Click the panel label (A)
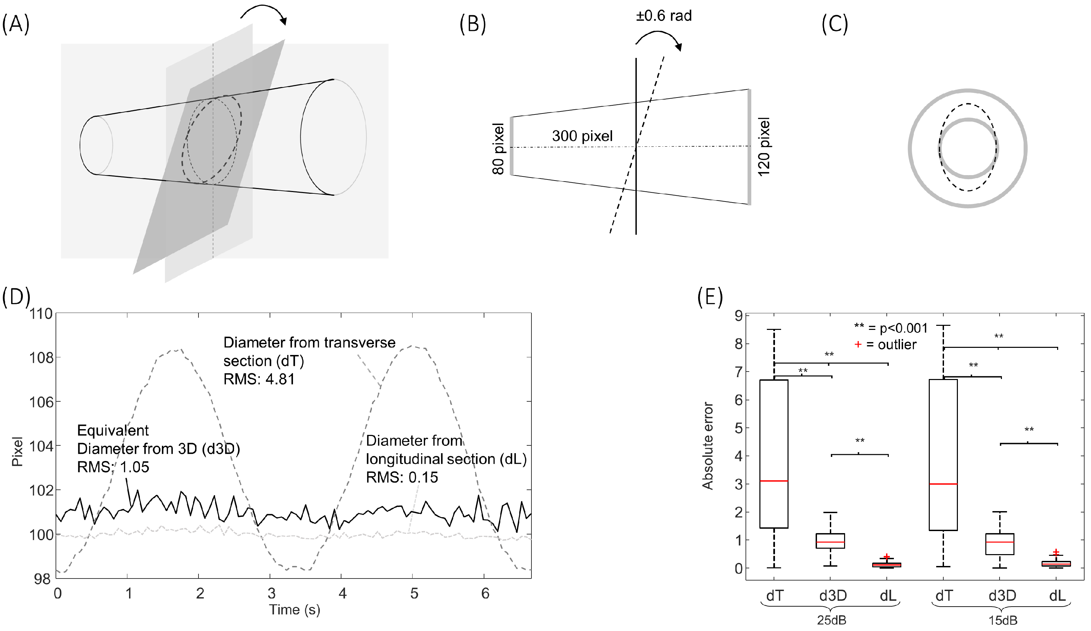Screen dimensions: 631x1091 pyautogui.click(x=16, y=24)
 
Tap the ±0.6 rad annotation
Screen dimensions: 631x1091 pyautogui.click(x=663, y=16)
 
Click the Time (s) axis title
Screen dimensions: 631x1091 pyautogui.click(x=294, y=609)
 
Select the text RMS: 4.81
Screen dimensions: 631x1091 pyautogui.click(x=259, y=379)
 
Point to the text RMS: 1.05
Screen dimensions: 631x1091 pyautogui.click(x=113, y=467)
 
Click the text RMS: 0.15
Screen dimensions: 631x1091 pyautogui.click(x=402, y=477)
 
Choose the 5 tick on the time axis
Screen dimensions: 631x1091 pyautogui.click(x=414, y=593)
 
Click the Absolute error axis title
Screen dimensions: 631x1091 pyautogui.click(x=708, y=446)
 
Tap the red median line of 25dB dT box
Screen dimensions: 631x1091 pyautogui.click(x=774, y=481)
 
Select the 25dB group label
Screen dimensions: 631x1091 pyautogui.click(x=831, y=620)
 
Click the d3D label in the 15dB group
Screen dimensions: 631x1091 pyautogui.click(x=1002, y=596)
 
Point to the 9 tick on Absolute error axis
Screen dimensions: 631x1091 pyautogui.click(x=738, y=316)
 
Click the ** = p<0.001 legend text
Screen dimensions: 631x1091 pyautogui.click(x=890, y=328)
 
